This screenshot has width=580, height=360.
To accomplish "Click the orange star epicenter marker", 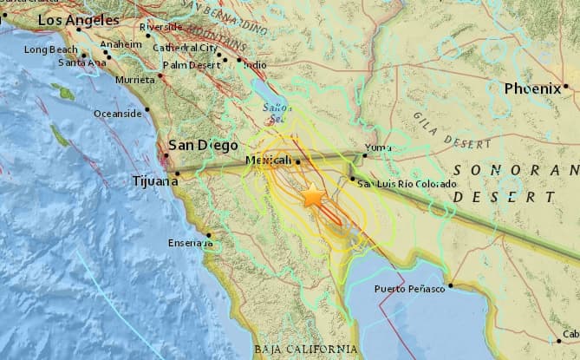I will coord(312,198).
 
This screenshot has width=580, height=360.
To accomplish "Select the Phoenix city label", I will coord(531,88).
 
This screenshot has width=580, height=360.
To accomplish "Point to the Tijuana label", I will coord(153,180).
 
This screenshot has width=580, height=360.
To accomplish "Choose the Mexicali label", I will coord(269,161).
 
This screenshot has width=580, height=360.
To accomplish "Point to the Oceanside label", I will coord(118,112).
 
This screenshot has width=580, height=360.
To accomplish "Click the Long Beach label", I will coord(49,49).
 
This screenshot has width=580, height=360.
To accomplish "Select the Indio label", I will coord(255,64).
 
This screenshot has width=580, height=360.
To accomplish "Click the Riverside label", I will coord(162,27).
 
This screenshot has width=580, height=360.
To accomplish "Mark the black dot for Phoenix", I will coord(564,86).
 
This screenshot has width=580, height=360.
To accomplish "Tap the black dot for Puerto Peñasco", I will coord(451,285).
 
